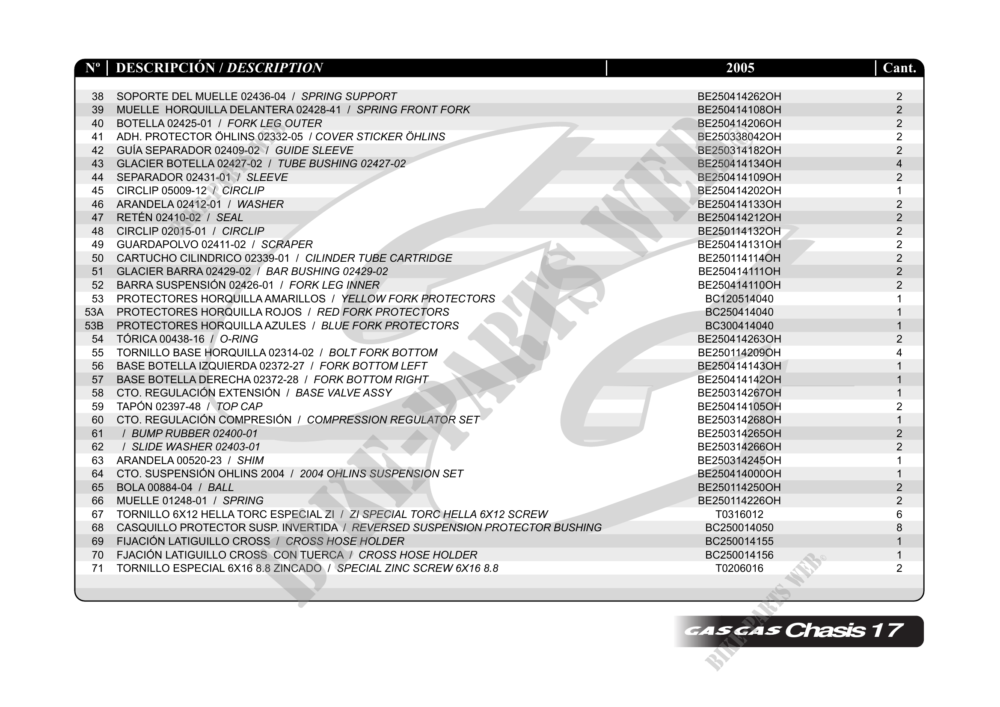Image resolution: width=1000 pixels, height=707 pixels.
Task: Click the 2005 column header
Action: coord(740,68)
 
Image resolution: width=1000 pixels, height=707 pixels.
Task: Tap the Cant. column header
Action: coord(899,68)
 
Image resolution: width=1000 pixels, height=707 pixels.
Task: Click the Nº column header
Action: coord(92,68)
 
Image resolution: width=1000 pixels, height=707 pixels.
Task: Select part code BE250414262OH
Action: coord(739,96)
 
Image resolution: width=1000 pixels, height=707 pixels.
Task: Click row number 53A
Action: coord(94,312)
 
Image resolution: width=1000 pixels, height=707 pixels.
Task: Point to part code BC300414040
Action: coord(739,325)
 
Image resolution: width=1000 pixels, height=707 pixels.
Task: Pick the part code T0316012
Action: coord(739,514)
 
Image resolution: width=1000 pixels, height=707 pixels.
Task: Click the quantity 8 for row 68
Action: coord(899,528)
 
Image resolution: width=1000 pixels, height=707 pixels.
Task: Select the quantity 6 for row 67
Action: coord(899,514)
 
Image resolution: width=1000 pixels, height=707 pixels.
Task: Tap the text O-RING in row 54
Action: coord(239,339)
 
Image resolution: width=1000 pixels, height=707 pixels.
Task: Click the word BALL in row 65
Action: coord(220,487)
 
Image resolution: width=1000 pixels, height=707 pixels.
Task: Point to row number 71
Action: coord(98,568)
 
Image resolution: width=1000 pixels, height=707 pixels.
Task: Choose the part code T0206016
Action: coord(739,568)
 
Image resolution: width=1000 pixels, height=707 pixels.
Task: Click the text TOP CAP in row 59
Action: coord(239,407)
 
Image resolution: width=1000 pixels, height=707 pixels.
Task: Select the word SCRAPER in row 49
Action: coord(287,245)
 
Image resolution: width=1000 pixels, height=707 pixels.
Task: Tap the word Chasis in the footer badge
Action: coord(825,630)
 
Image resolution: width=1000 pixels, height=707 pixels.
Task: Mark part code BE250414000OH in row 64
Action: coord(739,473)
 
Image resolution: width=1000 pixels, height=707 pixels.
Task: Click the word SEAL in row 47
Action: coord(229,218)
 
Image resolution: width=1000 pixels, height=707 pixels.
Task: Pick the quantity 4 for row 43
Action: coord(899,164)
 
